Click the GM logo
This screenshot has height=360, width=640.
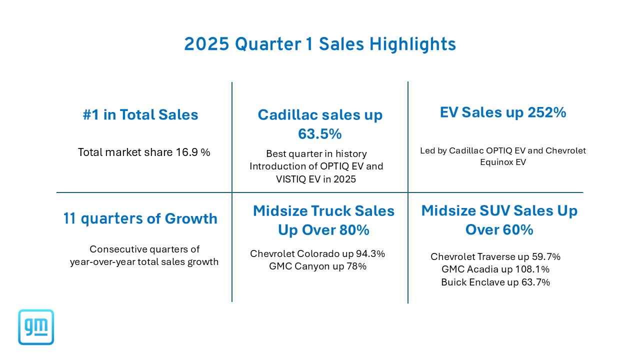click(x=36, y=327)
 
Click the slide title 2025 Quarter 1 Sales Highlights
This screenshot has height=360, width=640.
click(x=320, y=44)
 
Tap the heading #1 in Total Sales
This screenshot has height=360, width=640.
click(x=140, y=115)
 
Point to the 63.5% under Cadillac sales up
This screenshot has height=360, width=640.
click(x=320, y=134)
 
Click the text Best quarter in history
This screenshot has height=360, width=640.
click(x=316, y=154)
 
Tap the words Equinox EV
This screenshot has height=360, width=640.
click(x=502, y=162)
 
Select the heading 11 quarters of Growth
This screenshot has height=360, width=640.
click(x=140, y=218)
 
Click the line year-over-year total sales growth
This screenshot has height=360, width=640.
click(x=144, y=261)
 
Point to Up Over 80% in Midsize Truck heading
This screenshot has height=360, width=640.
click(x=323, y=230)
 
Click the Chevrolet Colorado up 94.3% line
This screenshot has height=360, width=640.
click(x=317, y=254)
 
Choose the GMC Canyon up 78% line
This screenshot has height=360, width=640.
click(x=317, y=266)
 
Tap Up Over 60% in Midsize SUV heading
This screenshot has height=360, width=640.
click(x=499, y=229)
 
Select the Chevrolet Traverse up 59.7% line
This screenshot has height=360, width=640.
click(x=495, y=257)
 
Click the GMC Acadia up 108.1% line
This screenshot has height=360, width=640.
click(x=495, y=269)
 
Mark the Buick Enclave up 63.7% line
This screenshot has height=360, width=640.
click(x=495, y=282)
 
